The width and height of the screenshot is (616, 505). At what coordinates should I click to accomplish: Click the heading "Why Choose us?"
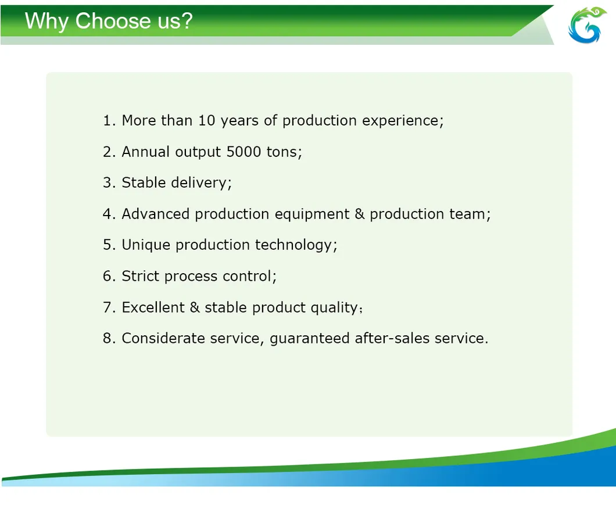point(108,22)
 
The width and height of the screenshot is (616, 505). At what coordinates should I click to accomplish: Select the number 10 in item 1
point(207,120)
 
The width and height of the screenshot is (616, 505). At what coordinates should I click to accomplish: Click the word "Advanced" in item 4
point(155,214)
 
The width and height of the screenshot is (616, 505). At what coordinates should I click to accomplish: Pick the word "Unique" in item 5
point(146,245)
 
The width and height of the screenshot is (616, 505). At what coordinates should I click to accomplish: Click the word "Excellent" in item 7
point(153,307)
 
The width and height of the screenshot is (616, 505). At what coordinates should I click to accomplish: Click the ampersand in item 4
point(360,214)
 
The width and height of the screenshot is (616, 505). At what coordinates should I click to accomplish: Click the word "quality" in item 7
point(334,308)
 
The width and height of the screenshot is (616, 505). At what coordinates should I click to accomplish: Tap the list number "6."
point(109,276)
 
